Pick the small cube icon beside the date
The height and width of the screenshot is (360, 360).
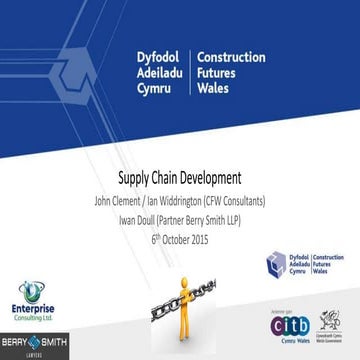coord(276,264)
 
